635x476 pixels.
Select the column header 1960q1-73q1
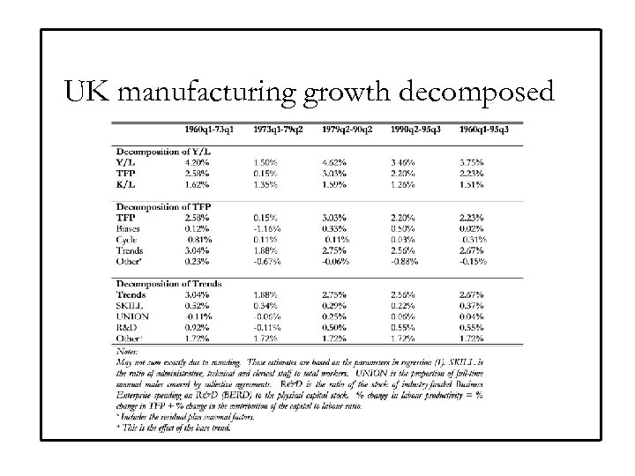click(x=210, y=130)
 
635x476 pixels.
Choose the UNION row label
click(x=134, y=316)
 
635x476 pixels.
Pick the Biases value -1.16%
click(x=268, y=227)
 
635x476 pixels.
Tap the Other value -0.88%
click(x=405, y=260)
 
